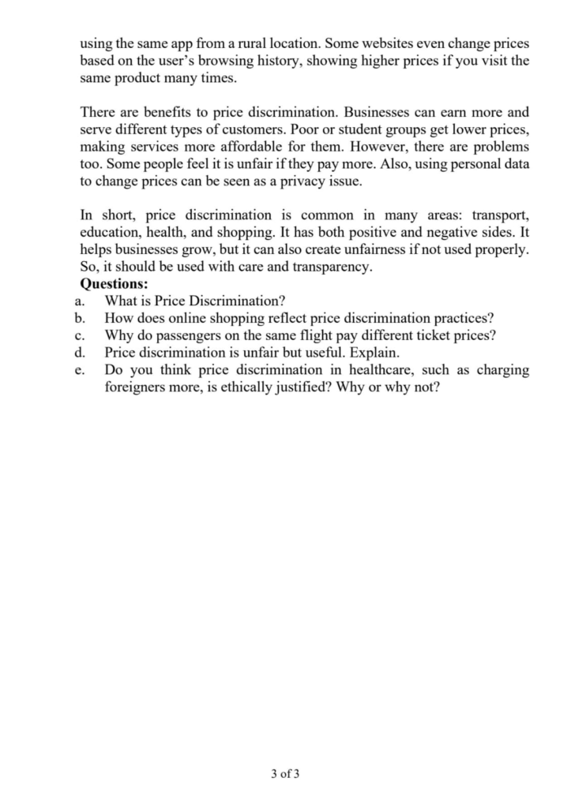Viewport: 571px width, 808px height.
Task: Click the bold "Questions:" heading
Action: pyautogui.click(x=115, y=284)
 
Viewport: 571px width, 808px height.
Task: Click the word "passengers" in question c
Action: pyautogui.click(x=178, y=335)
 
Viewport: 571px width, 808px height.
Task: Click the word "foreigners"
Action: pyautogui.click(x=138, y=387)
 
